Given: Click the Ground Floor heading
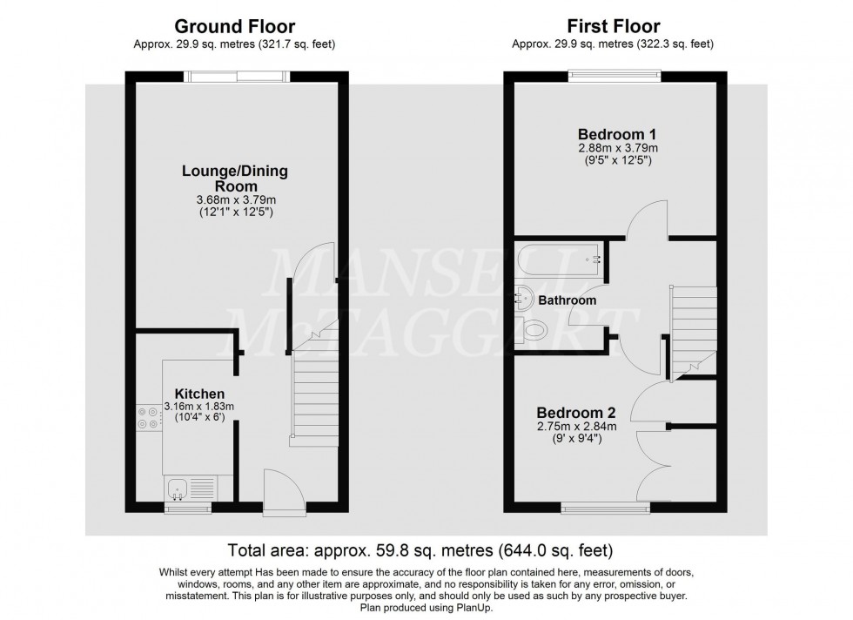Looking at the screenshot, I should pyautogui.click(x=234, y=27).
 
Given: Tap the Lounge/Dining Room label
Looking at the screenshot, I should pyautogui.click(x=234, y=179).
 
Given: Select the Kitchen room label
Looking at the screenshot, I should pyautogui.click(x=199, y=394).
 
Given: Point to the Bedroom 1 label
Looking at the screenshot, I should pyautogui.click(x=616, y=135).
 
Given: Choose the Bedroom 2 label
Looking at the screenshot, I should pyautogui.click(x=569, y=413).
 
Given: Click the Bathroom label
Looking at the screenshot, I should pyautogui.click(x=568, y=300).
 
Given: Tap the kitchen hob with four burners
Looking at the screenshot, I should pyautogui.click(x=147, y=417).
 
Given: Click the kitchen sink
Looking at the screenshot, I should pyautogui.click(x=178, y=494).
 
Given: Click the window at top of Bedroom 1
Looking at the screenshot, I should pyautogui.click(x=614, y=76).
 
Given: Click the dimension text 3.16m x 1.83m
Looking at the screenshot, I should pyautogui.click(x=198, y=407).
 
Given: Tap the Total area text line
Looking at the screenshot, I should pyautogui.click(x=420, y=550).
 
